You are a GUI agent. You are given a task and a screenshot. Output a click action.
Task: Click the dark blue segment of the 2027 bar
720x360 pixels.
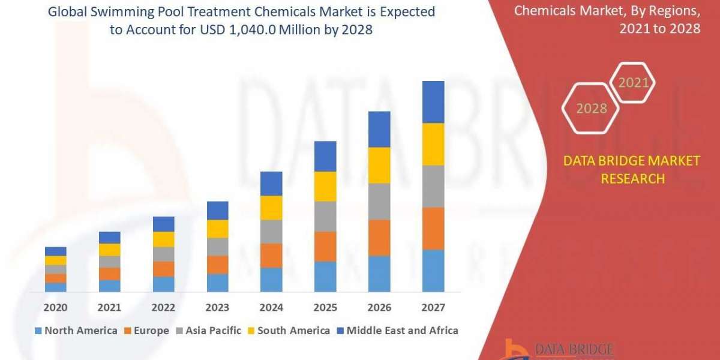coord(433,102)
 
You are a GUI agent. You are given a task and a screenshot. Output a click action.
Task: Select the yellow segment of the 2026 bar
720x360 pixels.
coord(379,165)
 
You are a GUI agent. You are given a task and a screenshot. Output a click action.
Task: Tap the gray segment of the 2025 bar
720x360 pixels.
coord(325,216)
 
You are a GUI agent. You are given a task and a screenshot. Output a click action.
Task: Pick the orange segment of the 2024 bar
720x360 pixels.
coord(271,255)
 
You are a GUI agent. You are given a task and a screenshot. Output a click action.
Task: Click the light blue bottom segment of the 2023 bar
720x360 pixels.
coord(217,283)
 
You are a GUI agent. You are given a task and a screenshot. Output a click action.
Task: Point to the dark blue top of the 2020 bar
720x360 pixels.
coord(56,251)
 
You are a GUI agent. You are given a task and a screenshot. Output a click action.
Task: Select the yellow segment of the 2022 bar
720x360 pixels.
coord(163,239)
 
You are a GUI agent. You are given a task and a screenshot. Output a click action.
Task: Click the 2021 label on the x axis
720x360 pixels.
coord(109,308)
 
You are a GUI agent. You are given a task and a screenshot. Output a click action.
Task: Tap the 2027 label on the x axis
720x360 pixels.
coord(433,308)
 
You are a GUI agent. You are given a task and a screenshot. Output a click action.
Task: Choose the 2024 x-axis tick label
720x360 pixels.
coord(271,308)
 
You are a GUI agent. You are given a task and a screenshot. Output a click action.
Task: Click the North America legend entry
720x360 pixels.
coord(76,331)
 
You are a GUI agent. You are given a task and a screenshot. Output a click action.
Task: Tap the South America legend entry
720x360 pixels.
coord(288,331)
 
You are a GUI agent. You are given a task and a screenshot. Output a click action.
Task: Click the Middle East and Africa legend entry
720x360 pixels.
coord(397,331)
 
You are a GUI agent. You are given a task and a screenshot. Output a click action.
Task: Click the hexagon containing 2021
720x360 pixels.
coord(633,83)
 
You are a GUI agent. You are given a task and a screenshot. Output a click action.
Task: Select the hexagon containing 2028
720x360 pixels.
coord(591,109)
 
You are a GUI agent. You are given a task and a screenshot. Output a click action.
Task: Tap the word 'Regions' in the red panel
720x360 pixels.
coord(673,11)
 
